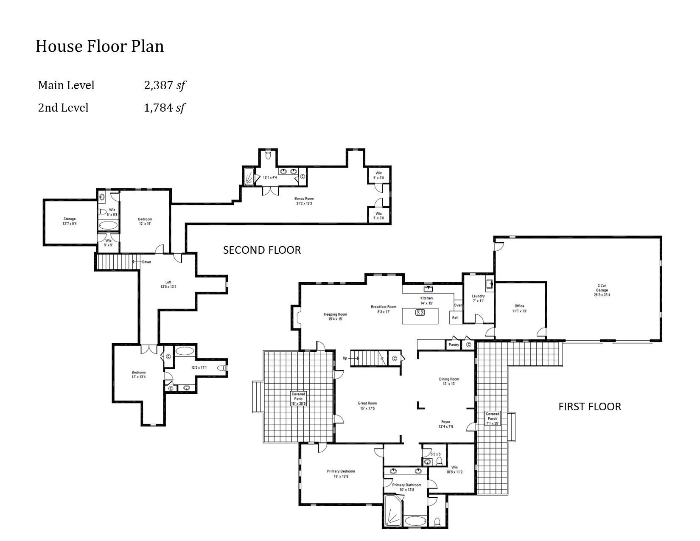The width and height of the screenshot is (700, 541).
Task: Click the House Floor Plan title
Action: pyautogui.click(x=100, y=46)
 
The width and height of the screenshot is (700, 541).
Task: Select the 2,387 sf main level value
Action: pyautogui.click(x=165, y=85)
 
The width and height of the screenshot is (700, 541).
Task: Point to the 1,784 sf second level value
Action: pyautogui.click(x=165, y=108)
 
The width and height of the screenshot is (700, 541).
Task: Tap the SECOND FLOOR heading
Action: pyautogui.click(x=262, y=250)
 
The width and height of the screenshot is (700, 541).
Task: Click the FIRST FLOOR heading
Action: pyautogui.click(x=589, y=406)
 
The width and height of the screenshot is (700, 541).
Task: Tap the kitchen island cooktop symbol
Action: pyautogui.click(x=420, y=313)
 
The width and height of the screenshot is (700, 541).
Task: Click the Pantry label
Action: pyautogui.click(x=454, y=345)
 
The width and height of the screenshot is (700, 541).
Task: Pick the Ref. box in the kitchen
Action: pyautogui.click(x=455, y=317)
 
